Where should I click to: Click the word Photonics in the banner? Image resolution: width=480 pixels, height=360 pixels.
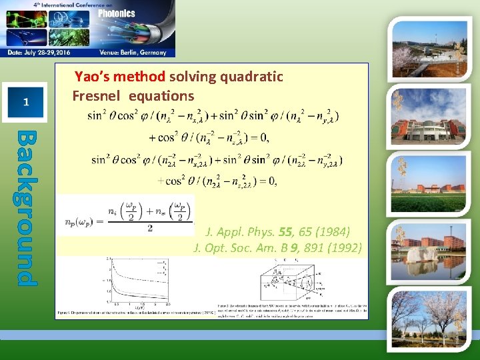117,13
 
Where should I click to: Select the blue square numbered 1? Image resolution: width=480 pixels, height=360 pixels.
25,102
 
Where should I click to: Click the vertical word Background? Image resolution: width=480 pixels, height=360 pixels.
26,207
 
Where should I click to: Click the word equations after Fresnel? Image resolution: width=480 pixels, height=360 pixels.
161,95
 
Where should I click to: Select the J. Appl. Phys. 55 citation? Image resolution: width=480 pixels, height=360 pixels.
287,233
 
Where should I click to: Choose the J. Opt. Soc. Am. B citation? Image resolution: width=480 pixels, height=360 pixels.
277,249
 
